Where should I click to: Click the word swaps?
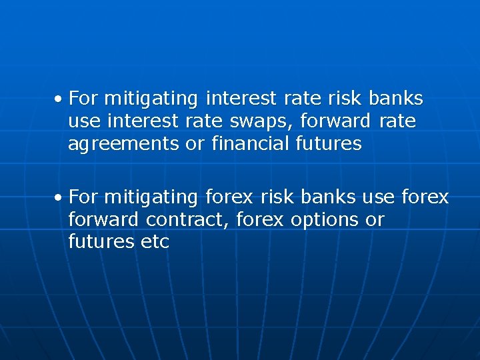261,121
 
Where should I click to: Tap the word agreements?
124,144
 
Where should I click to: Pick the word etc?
155,241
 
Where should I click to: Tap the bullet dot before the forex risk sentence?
59,198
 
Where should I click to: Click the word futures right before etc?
101,241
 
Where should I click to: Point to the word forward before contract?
103,219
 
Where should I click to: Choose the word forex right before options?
261,219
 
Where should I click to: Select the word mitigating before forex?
151,197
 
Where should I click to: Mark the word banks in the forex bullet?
329,197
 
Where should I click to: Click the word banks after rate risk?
395,99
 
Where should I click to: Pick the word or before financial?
195,143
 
